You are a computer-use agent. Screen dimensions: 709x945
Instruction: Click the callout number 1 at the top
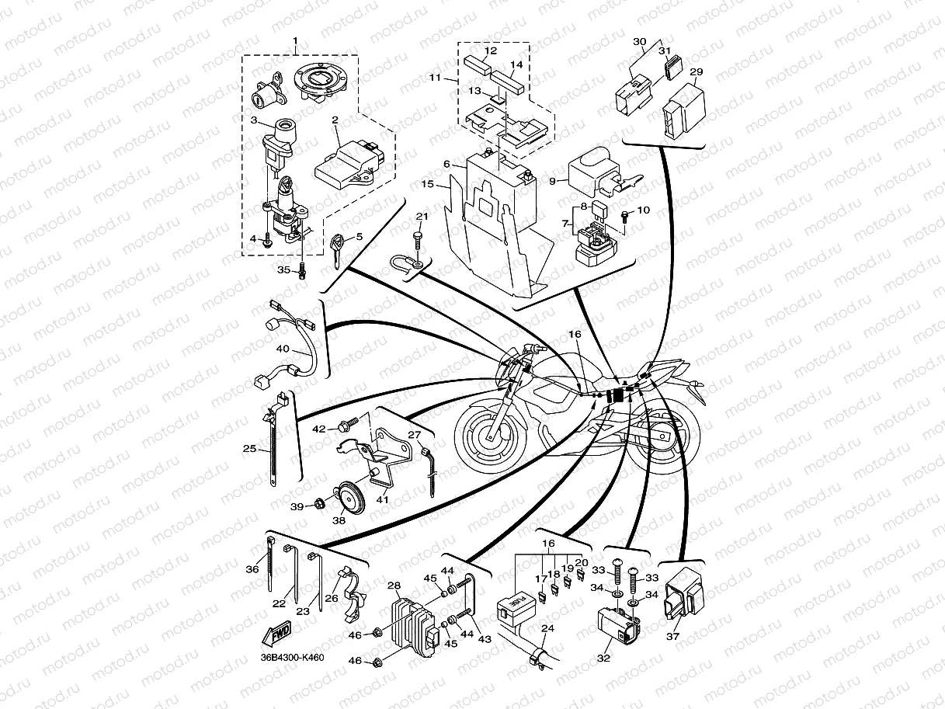(295, 40)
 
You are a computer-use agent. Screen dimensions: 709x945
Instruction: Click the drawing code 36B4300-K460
(292, 658)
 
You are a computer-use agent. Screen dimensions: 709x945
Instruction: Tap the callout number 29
(697, 72)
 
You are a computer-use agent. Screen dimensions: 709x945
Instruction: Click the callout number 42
(319, 428)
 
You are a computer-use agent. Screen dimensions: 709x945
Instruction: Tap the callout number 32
(604, 658)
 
